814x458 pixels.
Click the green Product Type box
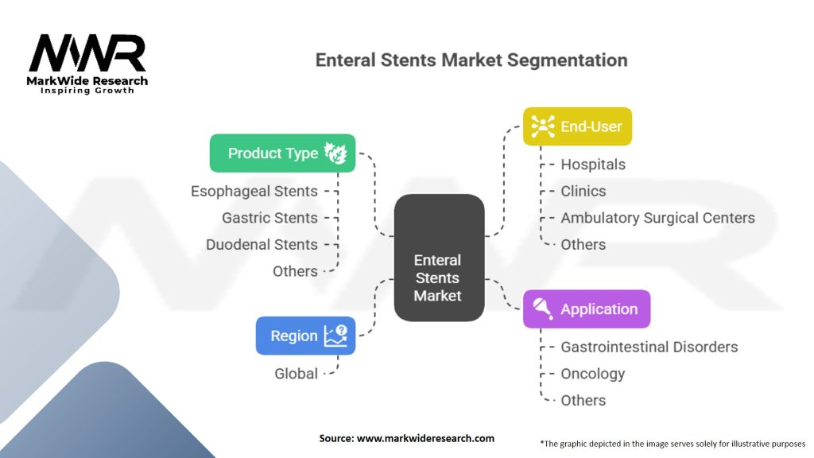tap(282, 153)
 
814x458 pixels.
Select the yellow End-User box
tap(577, 126)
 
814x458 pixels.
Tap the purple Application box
tap(587, 309)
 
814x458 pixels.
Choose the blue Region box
tap(306, 336)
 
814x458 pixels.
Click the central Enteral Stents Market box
tap(439, 258)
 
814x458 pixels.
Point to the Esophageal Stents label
tap(254, 191)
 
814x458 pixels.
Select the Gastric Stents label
tap(269, 218)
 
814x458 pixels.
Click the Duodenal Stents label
tap(262, 245)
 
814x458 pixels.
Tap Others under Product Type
tap(295, 271)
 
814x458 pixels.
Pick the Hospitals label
tap(593, 165)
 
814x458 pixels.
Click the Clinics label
tap(583, 191)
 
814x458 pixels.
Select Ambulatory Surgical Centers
tap(657, 218)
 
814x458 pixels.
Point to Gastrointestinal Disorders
tap(649, 347)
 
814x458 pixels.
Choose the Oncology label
tap(593, 374)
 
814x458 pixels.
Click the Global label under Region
tap(296, 374)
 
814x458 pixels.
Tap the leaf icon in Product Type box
tap(335, 153)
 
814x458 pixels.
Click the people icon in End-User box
tap(542, 126)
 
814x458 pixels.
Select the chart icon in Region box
tap(335, 336)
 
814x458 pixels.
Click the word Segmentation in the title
tap(567, 60)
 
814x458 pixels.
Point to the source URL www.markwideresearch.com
tap(425, 438)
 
